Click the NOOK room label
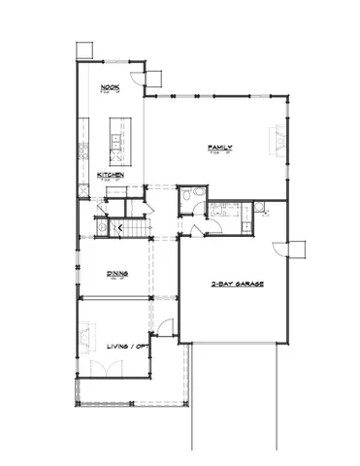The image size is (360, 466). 110,88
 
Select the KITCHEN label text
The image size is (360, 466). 110,175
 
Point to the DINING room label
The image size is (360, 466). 117,275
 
